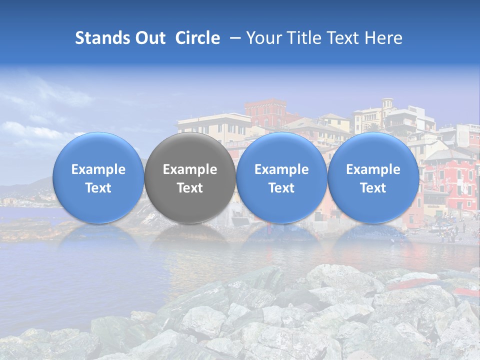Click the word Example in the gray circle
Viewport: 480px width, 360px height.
point(190,169)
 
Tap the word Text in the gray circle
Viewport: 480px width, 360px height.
point(190,188)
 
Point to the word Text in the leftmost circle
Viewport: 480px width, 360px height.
point(98,188)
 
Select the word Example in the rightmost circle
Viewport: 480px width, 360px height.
point(373,169)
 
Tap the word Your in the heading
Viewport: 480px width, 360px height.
point(261,38)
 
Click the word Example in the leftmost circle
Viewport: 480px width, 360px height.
point(98,169)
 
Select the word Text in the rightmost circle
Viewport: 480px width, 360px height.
point(373,188)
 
